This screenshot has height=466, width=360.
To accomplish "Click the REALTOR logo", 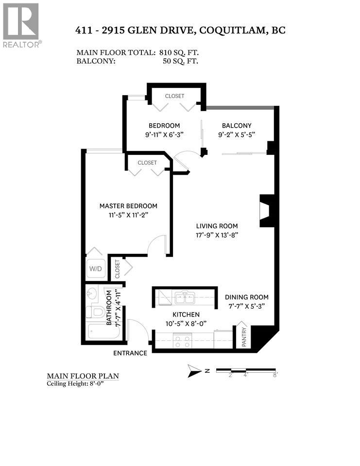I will [x=21, y=24].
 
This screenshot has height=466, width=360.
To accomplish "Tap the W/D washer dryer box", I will [x=95, y=268].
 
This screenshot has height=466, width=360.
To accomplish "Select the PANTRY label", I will [x=244, y=336].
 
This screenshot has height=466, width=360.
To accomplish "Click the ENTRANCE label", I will [x=130, y=353].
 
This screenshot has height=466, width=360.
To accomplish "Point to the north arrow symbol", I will [x=194, y=371].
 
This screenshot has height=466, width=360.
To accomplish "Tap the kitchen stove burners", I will [x=182, y=341].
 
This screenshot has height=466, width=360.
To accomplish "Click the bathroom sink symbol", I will [x=93, y=294].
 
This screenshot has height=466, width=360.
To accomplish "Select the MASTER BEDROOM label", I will [x=128, y=206].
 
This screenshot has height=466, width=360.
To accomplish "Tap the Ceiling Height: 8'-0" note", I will [x=75, y=383].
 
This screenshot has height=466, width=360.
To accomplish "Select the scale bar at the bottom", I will [x=246, y=371].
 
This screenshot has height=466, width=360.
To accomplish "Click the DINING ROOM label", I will [x=246, y=297].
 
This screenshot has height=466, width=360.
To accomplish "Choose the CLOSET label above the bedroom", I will [x=174, y=96].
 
